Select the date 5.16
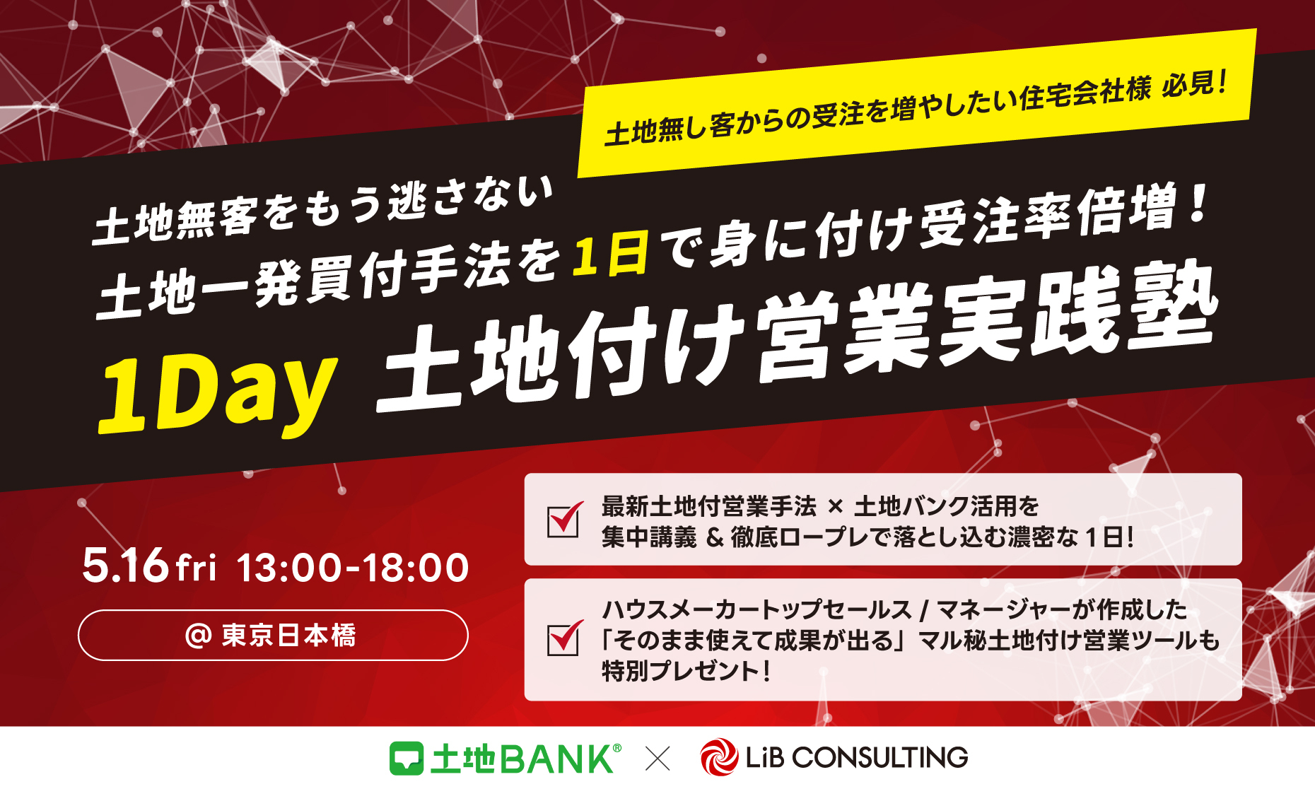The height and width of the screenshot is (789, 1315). coord(126,566)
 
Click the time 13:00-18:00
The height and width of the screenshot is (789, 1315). coord(353,568)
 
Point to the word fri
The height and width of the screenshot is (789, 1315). coord(196,568)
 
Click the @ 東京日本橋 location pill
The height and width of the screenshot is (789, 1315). coord(273,635)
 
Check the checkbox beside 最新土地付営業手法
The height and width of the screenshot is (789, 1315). coord(564,521)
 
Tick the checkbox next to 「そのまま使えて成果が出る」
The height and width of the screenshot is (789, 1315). coord(564,638)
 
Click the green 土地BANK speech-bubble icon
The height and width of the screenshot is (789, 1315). coord(407,759)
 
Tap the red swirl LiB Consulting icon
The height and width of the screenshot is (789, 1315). coord(719,757)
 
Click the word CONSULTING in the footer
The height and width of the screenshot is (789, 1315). coord(879,758)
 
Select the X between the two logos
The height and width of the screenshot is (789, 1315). coord(657,759)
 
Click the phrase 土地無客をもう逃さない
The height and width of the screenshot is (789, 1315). coord(322,209)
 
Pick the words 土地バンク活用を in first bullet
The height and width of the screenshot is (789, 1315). coord(947,506)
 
